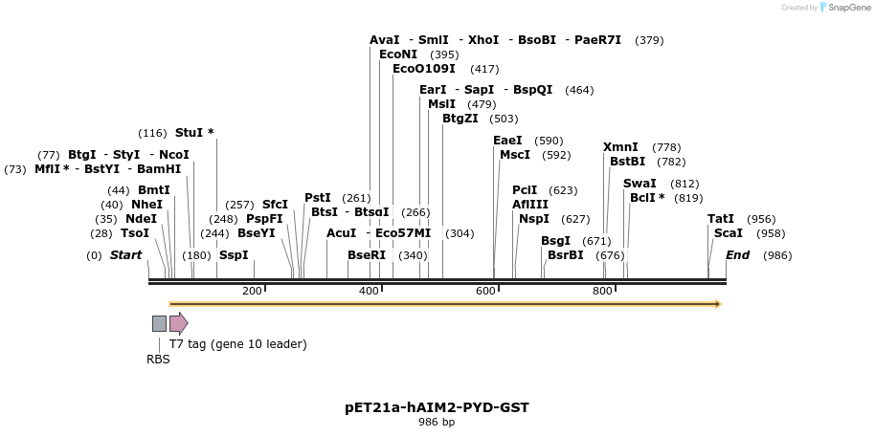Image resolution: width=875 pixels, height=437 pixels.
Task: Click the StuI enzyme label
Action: (190, 133)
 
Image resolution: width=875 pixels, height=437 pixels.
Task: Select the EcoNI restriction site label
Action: (398, 55)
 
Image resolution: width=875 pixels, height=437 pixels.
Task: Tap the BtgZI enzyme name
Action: (460, 119)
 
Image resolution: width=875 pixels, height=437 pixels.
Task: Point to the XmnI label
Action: (620, 147)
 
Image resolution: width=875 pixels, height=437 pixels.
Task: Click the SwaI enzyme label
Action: (639, 184)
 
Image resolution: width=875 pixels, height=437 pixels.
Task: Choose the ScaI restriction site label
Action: (728, 233)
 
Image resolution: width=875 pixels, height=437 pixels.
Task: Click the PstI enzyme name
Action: (318, 198)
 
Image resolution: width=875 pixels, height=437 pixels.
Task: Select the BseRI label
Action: (367, 255)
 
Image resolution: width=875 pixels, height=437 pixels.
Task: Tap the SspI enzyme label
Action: (234, 255)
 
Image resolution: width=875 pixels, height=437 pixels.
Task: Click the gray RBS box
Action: (159, 323)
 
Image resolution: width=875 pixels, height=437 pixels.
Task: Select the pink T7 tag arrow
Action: (178, 323)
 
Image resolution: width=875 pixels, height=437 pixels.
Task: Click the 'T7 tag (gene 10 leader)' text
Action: (238, 344)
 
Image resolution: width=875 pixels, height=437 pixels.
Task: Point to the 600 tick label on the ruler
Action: (485, 291)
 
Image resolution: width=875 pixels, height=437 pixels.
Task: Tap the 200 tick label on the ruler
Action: (252, 291)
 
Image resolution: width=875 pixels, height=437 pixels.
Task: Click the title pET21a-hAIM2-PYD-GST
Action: (437, 407)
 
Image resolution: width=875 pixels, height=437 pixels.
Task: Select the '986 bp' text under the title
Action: (437, 422)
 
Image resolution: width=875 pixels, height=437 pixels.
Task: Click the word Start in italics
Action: (125, 255)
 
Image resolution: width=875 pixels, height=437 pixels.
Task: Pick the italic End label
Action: (737, 255)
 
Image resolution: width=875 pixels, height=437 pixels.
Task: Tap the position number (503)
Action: (503, 119)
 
